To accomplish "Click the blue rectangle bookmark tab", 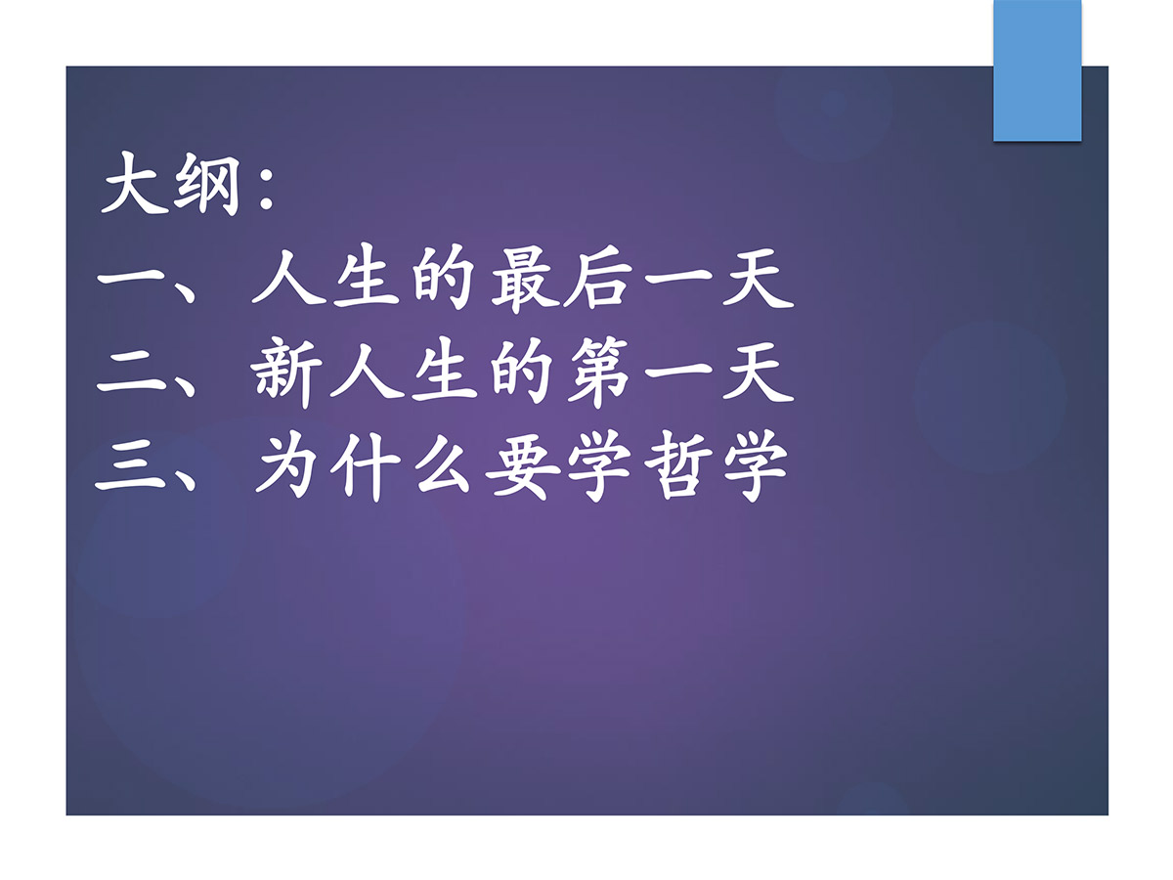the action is (1037, 70).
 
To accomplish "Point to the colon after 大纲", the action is (266, 187).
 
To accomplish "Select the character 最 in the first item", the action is (525, 279).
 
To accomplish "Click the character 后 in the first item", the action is (596, 279).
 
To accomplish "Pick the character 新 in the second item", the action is (287, 372).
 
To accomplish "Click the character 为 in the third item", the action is (288, 463).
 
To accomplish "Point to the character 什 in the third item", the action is (365, 466).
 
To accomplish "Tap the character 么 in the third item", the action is (443, 463).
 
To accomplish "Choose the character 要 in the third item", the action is (523, 464).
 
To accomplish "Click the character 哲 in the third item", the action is (677, 464).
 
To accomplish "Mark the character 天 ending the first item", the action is (758, 279).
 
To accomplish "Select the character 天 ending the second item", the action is (758, 372).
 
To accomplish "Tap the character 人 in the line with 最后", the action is (288, 279).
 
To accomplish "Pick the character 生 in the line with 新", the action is (444, 372).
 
